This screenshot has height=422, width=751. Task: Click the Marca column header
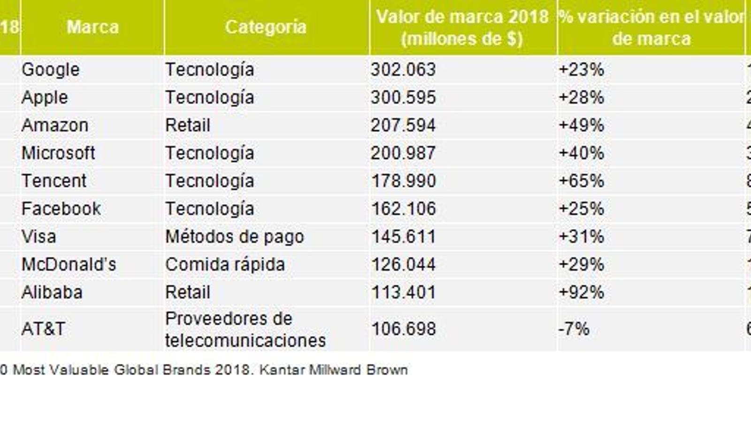tap(92, 27)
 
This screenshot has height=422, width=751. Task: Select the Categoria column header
tap(266, 27)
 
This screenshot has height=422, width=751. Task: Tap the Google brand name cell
tap(51, 70)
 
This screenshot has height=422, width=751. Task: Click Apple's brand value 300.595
tap(403, 98)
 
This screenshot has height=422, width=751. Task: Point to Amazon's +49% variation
tap(581, 125)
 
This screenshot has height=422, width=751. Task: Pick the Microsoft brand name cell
tap(58, 153)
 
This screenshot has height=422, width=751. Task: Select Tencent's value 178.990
tap(403, 181)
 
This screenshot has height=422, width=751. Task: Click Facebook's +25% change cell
tap(581, 209)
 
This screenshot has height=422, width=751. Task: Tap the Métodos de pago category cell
tap(234, 236)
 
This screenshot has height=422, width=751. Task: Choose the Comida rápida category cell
tap(225, 264)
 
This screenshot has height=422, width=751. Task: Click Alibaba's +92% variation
tap(581, 292)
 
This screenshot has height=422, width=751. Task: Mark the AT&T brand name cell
tap(43, 329)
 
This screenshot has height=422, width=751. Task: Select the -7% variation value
tap(574, 329)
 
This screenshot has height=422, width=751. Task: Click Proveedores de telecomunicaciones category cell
tap(245, 329)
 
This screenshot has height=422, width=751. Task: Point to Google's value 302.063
tap(403, 70)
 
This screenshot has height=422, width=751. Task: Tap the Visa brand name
tap(38, 236)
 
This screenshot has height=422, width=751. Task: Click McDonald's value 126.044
tap(403, 264)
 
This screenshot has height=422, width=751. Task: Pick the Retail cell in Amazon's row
tap(187, 125)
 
